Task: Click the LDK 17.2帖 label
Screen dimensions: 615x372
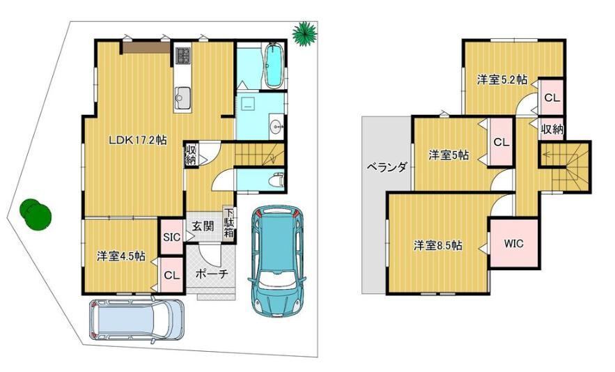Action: [138, 140]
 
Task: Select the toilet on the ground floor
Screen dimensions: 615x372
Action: [278, 180]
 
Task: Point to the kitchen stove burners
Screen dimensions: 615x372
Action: [182, 55]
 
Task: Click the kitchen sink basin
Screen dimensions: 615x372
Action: [182, 95]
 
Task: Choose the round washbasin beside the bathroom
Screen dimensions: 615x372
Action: [277, 126]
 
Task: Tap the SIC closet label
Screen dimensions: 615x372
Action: [171, 237]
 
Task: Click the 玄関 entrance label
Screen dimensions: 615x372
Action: [203, 226]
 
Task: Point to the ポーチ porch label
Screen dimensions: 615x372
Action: [212, 274]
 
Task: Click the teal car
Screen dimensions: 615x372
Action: [277, 261]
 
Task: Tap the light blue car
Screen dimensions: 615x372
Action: [137, 320]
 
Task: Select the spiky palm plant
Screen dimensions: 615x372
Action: [305, 33]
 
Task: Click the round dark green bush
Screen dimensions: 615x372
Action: [36, 215]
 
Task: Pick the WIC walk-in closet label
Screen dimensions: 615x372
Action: [513, 243]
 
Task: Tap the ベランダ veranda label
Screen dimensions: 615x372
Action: [387, 168]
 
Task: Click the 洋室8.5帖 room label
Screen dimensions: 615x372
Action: [437, 246]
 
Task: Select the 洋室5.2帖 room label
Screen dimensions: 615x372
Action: [502, 79]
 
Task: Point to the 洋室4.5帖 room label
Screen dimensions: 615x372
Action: [121, 256]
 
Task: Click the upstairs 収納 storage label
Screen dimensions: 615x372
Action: [552, 128]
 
